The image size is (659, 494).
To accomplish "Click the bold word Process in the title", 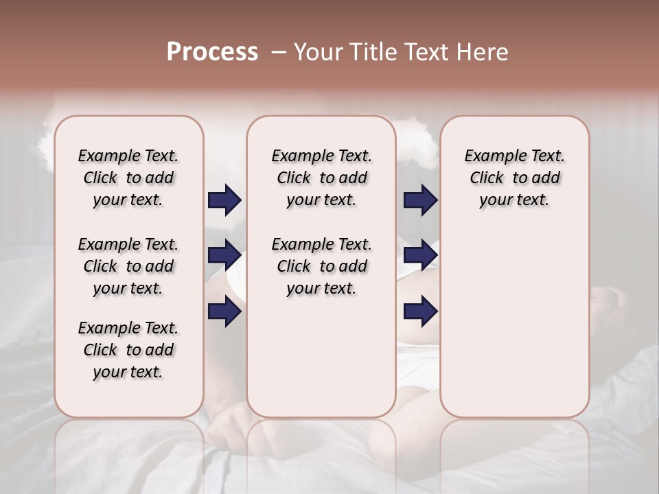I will [212, 52].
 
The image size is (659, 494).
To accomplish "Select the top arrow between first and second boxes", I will [224, 200].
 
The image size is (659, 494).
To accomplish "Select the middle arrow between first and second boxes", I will [224, 256].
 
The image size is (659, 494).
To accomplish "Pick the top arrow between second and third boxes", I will [420, 200].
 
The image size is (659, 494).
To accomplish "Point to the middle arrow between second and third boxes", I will [420, 256].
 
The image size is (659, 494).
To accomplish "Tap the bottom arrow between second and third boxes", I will [420, 311].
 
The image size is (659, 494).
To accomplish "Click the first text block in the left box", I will [128, 178].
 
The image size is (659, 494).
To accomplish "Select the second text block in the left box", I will [128, 266].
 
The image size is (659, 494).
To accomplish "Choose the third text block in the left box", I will [128, 350].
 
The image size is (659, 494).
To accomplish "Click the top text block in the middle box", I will [321, 178].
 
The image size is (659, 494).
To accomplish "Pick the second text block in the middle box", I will [321, 266].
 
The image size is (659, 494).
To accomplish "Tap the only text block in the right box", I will [514, 178].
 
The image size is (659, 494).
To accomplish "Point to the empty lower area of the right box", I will [514, 322].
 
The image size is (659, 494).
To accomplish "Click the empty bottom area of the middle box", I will [321, 364].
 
